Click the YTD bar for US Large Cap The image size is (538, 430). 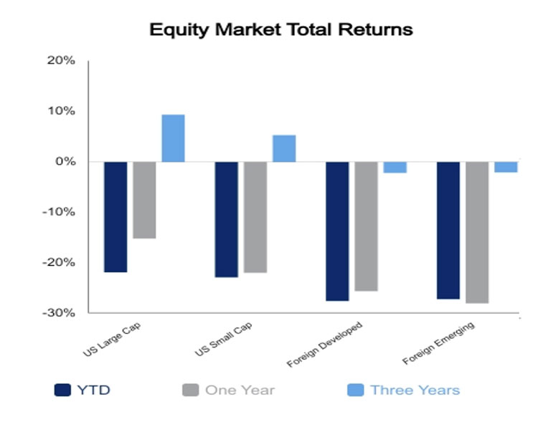point(115,217)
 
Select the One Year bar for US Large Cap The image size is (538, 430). point(144,200)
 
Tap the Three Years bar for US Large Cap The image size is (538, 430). point(174,138)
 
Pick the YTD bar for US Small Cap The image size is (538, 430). point(227,219)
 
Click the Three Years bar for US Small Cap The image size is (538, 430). point(284,148)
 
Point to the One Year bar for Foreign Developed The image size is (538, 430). point(366,226)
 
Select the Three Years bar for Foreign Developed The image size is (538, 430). point(395,167)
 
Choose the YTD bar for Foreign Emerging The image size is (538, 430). point(448,231)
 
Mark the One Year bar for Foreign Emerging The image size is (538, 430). point(477,232)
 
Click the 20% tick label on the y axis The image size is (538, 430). point(61,60)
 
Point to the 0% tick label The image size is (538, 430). point(65,161)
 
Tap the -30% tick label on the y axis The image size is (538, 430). point(59,312)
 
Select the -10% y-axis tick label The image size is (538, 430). point(59,212)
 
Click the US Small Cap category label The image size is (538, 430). point(223,339)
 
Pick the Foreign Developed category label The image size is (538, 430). point(324,344)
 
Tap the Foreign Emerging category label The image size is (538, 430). point(438,343)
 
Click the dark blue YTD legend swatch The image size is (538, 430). point(62,390)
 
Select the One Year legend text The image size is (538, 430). point(240,390)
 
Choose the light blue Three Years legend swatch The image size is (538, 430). point(356,390)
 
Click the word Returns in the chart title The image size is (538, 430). point(375,29)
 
